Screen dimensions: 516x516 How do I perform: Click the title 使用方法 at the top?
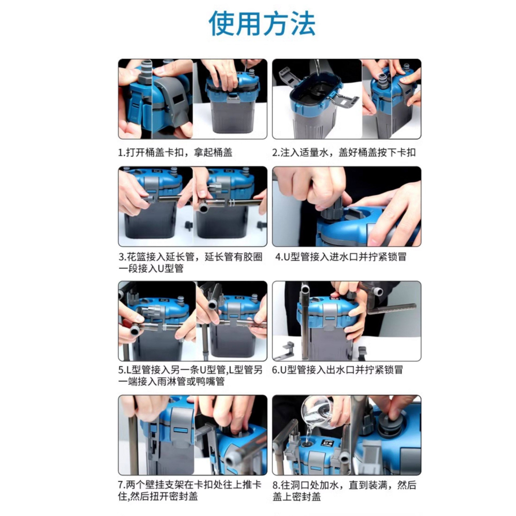point(262,23)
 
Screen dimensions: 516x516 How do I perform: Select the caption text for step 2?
point(344,153)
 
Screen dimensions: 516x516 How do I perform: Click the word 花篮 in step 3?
point(136,257)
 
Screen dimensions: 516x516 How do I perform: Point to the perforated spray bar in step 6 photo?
point(392,309)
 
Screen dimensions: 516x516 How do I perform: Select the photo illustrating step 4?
point(346,206)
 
